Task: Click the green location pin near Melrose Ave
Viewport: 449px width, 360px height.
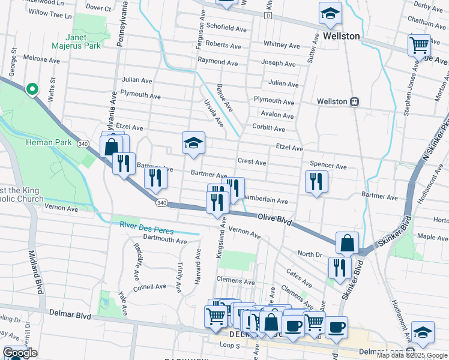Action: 32,89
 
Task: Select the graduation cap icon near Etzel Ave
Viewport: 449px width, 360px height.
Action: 193,143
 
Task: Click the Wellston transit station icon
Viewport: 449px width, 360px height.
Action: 355,101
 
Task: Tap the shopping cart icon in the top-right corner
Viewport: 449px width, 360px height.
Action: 419,45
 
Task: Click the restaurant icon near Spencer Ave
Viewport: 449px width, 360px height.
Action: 316,181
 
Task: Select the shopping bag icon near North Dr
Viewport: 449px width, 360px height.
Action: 347,243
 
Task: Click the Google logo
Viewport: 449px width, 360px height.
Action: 20,353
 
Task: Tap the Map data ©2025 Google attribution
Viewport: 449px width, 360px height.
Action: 412,355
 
